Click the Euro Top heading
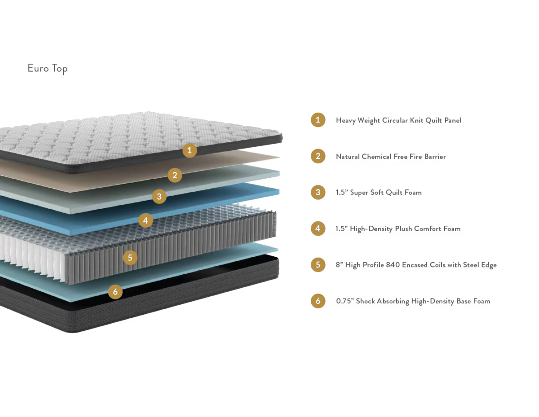47,68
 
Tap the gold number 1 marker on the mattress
190,150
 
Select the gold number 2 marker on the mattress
175,175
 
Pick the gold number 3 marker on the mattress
159,197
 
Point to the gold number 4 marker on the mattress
146,220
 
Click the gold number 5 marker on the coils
130,258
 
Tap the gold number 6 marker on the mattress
115,292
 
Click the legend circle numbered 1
318,120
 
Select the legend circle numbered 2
318,156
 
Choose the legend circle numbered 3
318,192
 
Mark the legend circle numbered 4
318,228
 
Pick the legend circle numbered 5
318,265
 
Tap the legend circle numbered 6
318,301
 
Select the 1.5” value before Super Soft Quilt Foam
341,192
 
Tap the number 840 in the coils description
393,265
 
